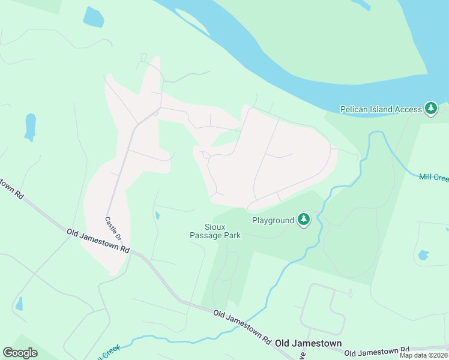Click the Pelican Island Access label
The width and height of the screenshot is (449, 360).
coord(381,109)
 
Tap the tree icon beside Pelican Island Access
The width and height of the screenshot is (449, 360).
coord(430,109)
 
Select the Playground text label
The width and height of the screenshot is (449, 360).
coord(273,221)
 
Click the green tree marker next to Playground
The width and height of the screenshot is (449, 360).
coord(304,220)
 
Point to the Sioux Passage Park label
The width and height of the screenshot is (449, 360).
coord(215,231)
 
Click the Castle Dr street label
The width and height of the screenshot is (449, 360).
coord(113,226)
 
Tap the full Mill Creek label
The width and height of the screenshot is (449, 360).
coord(433,178)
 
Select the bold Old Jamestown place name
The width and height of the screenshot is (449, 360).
coord(308,344)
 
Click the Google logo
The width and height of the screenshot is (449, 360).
coord(20,352)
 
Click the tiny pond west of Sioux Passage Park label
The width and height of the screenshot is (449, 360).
coord(157,215)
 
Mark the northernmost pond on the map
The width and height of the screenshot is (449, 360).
coord(93,17)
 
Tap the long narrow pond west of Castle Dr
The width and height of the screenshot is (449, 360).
coord(29,127)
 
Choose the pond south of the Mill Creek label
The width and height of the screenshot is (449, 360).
coord(423,255)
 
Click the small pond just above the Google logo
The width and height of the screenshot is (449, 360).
coord(19,304)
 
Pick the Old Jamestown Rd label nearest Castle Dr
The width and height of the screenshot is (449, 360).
coord(98,241)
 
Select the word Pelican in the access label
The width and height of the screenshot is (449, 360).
coord(354,109)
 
